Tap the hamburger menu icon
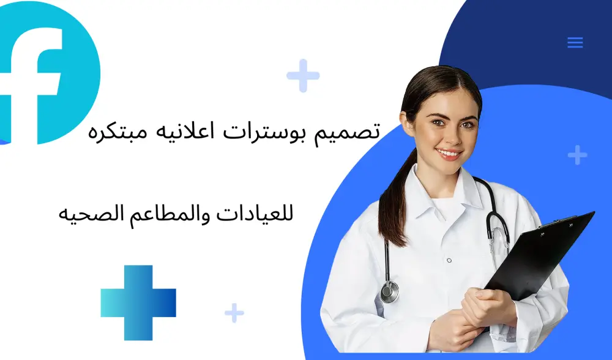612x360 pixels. pyautogui.click(x=575, y=42)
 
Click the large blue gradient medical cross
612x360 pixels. pyautogui.click(x=138, y=302)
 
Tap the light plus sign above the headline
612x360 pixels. pyautogui.click(x=303, y=76)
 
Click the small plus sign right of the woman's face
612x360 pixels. pyautogui.click(x=577, y=155)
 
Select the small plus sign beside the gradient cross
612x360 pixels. pyautogui.click(x=234, y=313)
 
